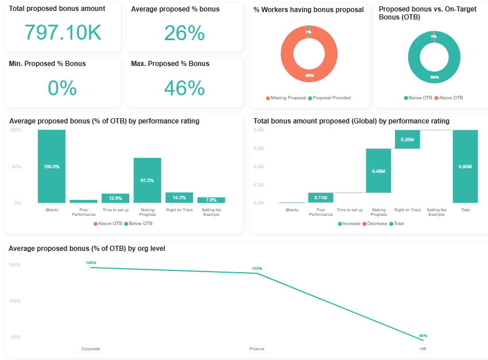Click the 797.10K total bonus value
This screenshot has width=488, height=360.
tap(63, 33)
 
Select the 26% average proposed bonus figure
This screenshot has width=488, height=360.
tap(184, 33)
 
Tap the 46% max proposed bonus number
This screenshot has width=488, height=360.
tap(184, 87)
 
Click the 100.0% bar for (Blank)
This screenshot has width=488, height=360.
tap(52, 166)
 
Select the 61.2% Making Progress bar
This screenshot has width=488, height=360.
tap(147, 180)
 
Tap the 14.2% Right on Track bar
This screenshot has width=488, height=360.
tap(179, 198)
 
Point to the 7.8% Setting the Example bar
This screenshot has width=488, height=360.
tap(211, 200)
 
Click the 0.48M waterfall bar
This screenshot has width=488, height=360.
tap(378, 171)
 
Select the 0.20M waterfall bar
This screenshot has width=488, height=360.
tap(408, 140)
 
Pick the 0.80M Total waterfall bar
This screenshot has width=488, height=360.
tap(465, 166)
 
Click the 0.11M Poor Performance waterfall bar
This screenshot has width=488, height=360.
tap(320, 198)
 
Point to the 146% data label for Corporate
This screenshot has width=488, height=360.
tap(91, 262)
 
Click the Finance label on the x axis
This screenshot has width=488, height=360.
tap(257, 349)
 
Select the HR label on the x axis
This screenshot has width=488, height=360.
tap(423, 349)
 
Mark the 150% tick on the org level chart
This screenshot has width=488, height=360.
tap(15, 265)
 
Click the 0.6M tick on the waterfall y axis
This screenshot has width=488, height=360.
tap(259, 149)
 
